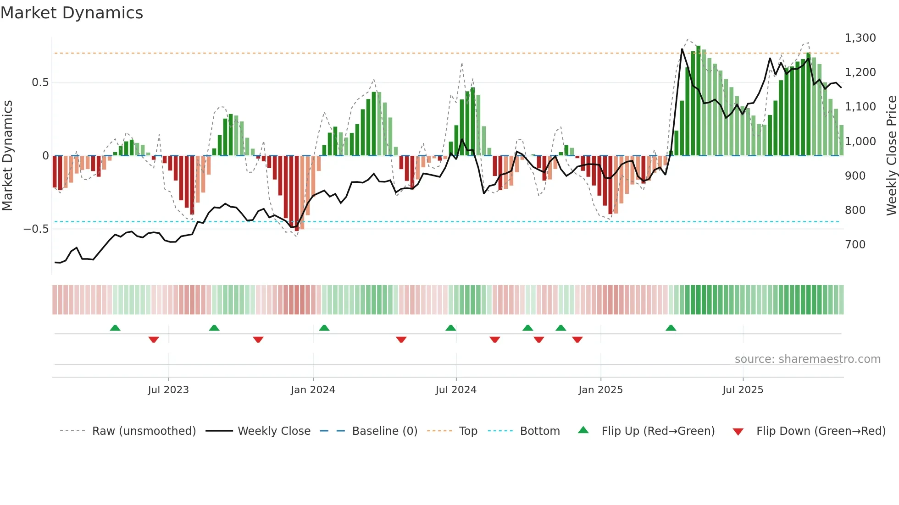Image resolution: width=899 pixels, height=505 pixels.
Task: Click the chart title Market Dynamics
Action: pyautogui.click(x=72, y=13)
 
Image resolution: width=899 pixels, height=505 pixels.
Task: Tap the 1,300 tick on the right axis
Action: pyautogui.click(x=860, y=38)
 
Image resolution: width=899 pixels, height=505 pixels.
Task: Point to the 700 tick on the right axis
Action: pyautogui.click(x=855, y=245)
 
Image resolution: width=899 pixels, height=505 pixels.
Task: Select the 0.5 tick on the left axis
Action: pyautogui.click(x=40, y=82)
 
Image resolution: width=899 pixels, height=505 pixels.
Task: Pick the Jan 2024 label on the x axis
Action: pyautogui.click(x=313, y=390)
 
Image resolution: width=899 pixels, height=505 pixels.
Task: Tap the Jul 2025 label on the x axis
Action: pyautogui.click(x=743, y=390)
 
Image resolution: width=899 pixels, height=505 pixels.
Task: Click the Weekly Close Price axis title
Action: pyautogui.click(x=891, y=155)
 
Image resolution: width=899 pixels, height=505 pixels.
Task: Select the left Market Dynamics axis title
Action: pyautogui.click(x=7, y=155)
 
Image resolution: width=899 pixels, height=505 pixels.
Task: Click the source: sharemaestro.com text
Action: pyautogui.click(x=807, y=359)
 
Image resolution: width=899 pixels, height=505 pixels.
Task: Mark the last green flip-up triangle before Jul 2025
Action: pyautogui.click(x=671, y=328)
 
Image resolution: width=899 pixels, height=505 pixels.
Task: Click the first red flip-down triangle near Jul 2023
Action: pyautogui.click(x=154, y=340)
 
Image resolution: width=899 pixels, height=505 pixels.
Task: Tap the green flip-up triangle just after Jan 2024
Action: pyautogui.click(x=324, y=328)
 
